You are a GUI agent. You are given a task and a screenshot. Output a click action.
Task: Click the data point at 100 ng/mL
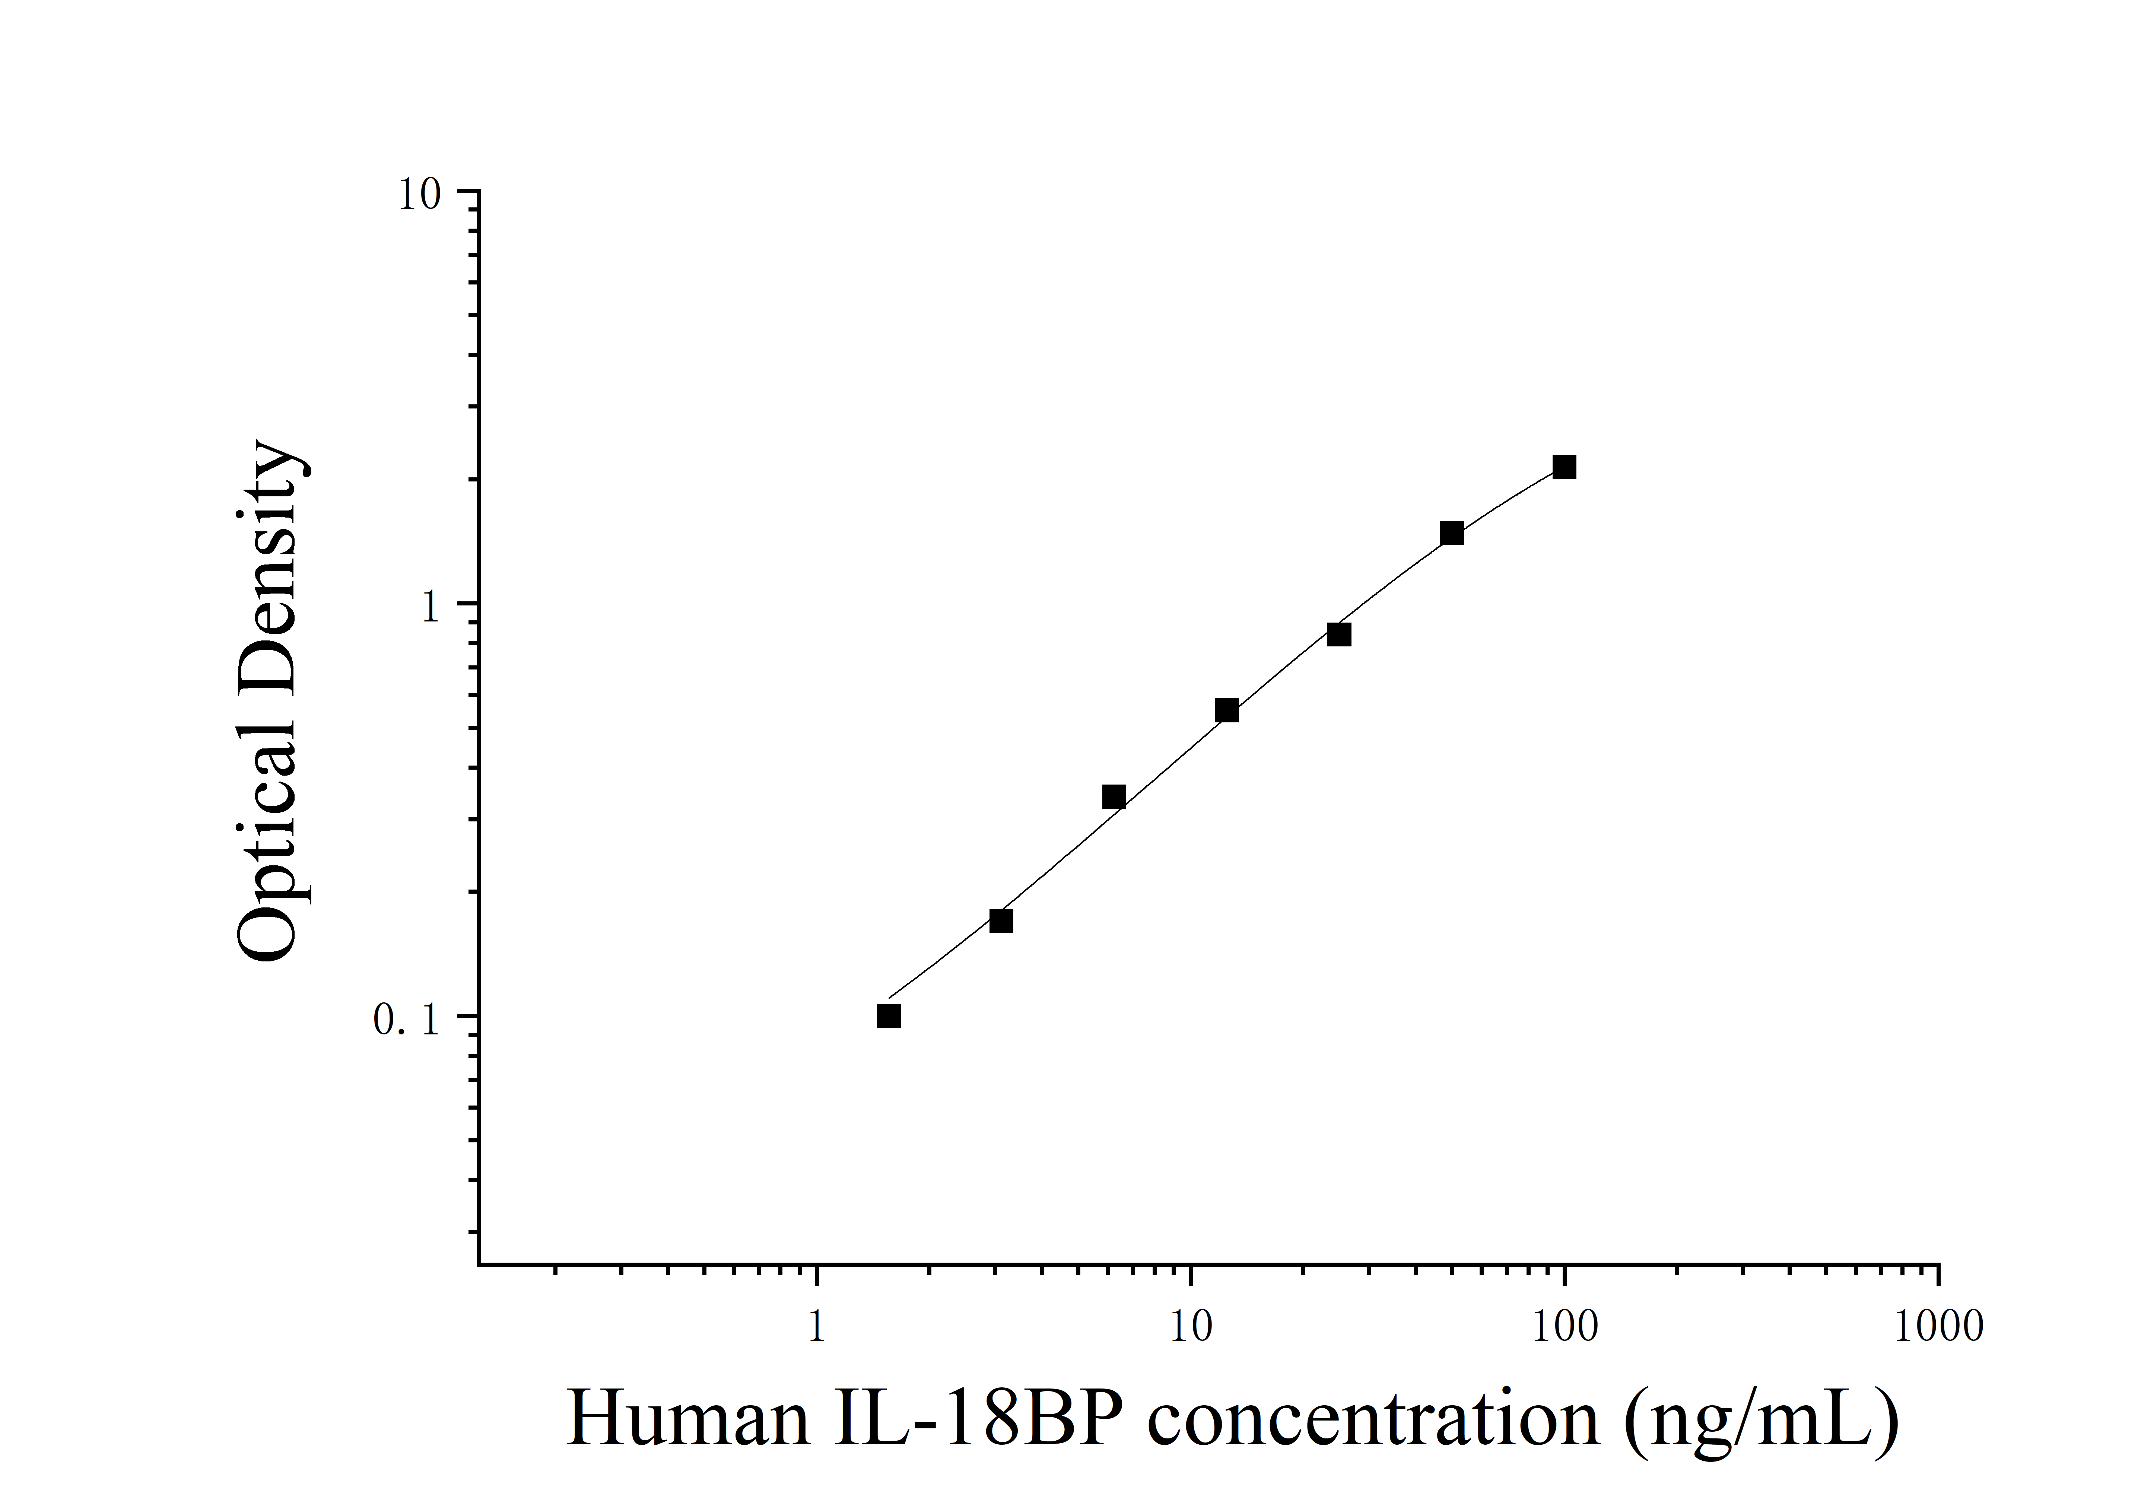(x=1564, y=467)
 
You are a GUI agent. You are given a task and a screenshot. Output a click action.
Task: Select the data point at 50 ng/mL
(x=1451, y=534)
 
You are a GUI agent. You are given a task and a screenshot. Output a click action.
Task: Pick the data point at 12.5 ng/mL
(x=1226, y=711)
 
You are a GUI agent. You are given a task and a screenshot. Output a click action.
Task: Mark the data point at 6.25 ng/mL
(x=1114, y=796)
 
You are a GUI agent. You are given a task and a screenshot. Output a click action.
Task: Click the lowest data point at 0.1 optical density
(x=889, y=1016)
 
